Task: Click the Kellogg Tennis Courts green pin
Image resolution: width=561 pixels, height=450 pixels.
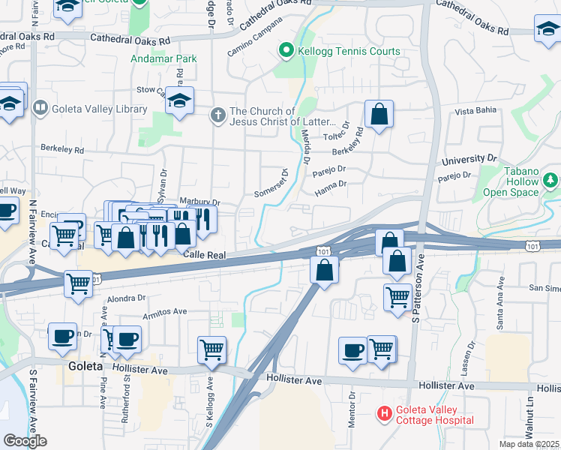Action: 286,51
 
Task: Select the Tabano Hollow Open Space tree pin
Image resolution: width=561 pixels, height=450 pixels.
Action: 551,181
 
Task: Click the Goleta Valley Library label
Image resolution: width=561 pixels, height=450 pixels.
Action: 99,109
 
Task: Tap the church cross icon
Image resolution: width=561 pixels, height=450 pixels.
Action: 218,115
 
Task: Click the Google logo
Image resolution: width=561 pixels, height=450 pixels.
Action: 25,441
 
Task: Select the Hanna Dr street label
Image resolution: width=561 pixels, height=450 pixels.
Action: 331,184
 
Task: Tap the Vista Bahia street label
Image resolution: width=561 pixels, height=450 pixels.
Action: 475,111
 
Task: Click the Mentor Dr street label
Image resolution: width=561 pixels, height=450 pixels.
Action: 351,409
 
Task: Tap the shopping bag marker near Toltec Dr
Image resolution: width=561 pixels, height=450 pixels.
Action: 379,115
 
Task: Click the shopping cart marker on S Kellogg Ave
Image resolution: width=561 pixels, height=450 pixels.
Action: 211,349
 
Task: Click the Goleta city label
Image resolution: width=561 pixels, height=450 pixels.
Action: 80,367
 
